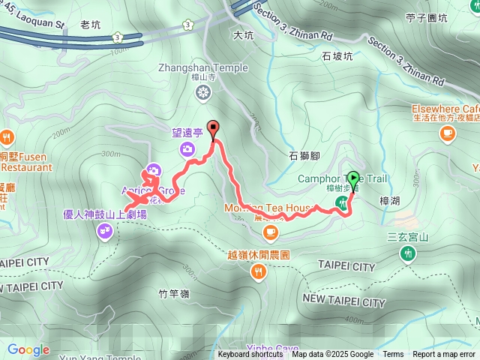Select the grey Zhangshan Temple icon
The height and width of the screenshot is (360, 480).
point(202,92)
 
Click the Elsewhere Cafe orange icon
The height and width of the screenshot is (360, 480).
point(448,133)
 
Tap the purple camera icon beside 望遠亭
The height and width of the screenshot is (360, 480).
point(187,150)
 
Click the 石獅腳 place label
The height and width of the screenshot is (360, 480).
point(304,156)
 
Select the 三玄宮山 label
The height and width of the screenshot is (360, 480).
point(407,238)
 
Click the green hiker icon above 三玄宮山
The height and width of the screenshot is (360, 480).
point(407,256)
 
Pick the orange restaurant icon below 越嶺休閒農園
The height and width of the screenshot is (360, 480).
point(258,272)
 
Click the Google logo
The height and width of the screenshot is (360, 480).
point(28,349)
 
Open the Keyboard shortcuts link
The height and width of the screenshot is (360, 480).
point(250,355)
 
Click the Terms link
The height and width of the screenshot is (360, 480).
point(393,355)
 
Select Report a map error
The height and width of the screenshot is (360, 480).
point(444,355)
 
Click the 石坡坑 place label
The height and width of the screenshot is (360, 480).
point(337,55)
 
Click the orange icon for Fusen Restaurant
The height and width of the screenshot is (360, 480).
point(7,137)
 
